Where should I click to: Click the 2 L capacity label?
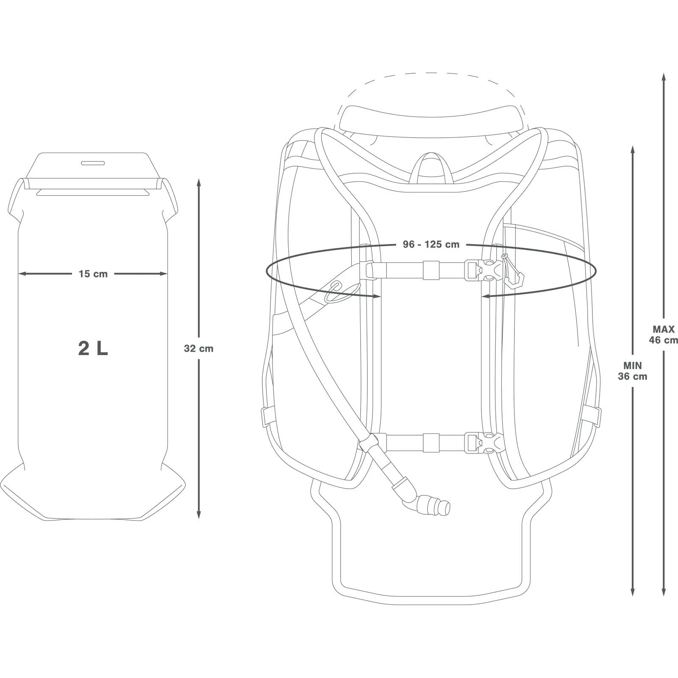pos(93,348)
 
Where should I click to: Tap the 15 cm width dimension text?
pos(93,274)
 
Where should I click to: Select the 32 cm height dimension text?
pos(199,348)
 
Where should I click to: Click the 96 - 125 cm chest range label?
pos(431,245)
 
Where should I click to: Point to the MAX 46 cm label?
pos(664,334)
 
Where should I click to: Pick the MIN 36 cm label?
pos(632,370)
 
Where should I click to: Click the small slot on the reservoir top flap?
pos(93,163)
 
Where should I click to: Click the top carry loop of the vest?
pos(431,168)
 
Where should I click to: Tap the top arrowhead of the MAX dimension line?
pos(664,77)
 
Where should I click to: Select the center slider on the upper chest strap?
pos(431,270)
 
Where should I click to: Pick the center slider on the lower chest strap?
pos(431,442)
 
